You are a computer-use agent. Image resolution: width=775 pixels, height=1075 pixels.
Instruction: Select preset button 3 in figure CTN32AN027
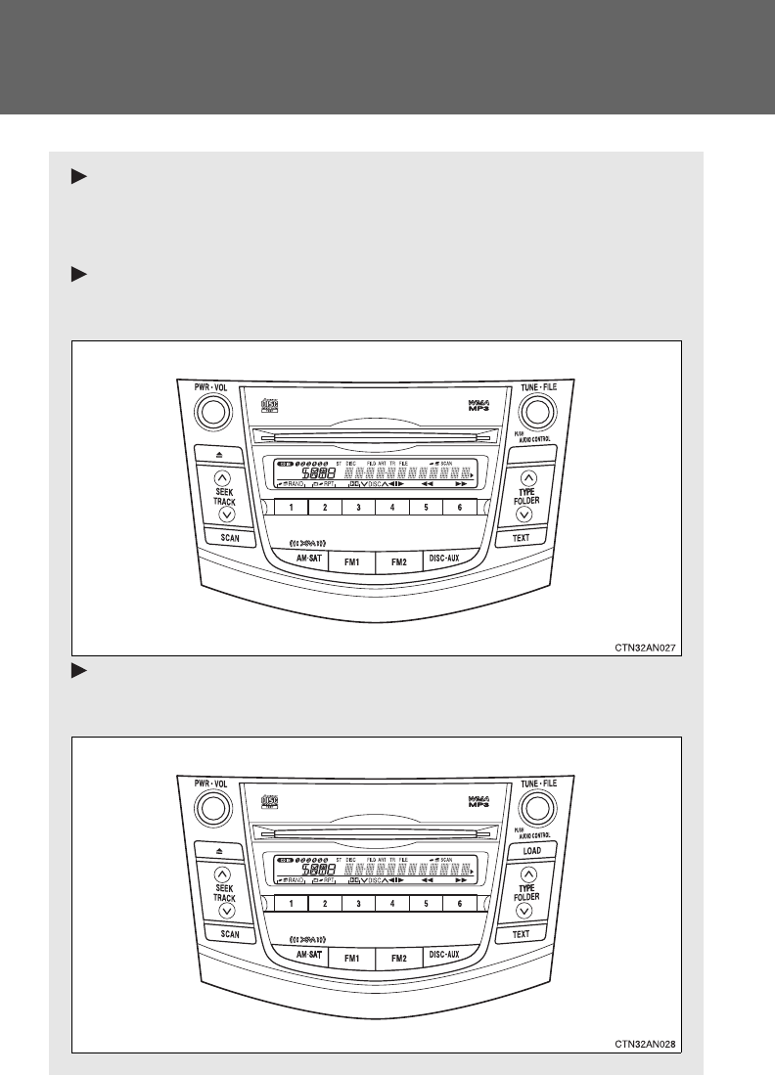pos(359,508)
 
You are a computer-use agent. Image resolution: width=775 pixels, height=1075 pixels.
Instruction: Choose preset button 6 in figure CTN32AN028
pos(459,905)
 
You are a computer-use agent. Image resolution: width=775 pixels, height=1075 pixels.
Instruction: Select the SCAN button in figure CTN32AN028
pos(230,934)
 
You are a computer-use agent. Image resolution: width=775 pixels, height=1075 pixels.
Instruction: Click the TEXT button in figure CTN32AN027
pos(521,537)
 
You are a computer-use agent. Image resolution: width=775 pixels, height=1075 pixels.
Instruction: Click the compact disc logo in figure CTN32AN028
pos(270,801)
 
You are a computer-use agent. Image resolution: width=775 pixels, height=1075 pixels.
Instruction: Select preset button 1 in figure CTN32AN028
pos(292,905)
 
